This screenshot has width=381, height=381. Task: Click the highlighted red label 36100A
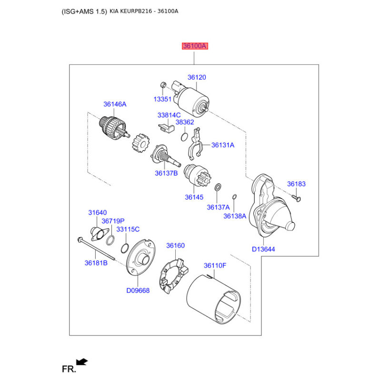pos(195,46)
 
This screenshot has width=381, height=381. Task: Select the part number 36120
pos(197,77)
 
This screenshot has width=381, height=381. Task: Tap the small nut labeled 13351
pos(163,85)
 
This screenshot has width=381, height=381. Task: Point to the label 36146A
pos(115,104)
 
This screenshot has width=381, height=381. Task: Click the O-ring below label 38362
pos(184,137)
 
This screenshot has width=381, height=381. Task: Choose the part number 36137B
pos(166,173)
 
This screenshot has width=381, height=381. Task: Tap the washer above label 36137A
pos(218,187)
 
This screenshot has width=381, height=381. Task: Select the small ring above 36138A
pos(234,197)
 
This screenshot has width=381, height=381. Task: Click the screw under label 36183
pos(296,198)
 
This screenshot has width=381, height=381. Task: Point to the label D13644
pos(263,249)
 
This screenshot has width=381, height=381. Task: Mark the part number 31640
pos(98,212)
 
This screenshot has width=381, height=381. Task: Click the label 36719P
pos(113,221)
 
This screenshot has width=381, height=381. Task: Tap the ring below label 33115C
pos(125,248)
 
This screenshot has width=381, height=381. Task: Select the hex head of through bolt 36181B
pos(80,240)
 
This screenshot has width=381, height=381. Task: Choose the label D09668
pos(138,291)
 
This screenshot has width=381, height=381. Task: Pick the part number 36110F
pos(215,266)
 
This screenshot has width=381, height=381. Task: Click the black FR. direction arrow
pos(82,361)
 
